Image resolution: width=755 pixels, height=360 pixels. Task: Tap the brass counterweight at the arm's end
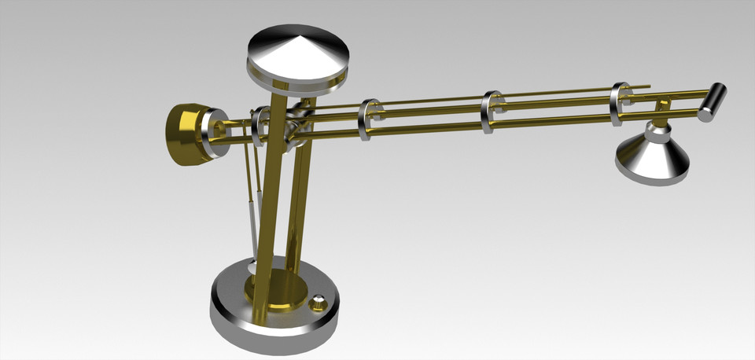184,133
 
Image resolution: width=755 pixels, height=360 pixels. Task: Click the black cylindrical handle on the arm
713,100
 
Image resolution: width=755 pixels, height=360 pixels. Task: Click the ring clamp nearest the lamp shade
620,104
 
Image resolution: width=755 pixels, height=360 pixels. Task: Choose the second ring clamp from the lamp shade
491,112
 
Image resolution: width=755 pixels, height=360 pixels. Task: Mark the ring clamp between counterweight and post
259,126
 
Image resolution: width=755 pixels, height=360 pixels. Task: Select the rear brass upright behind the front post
296,197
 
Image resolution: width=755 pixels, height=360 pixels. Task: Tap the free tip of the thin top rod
648,86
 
